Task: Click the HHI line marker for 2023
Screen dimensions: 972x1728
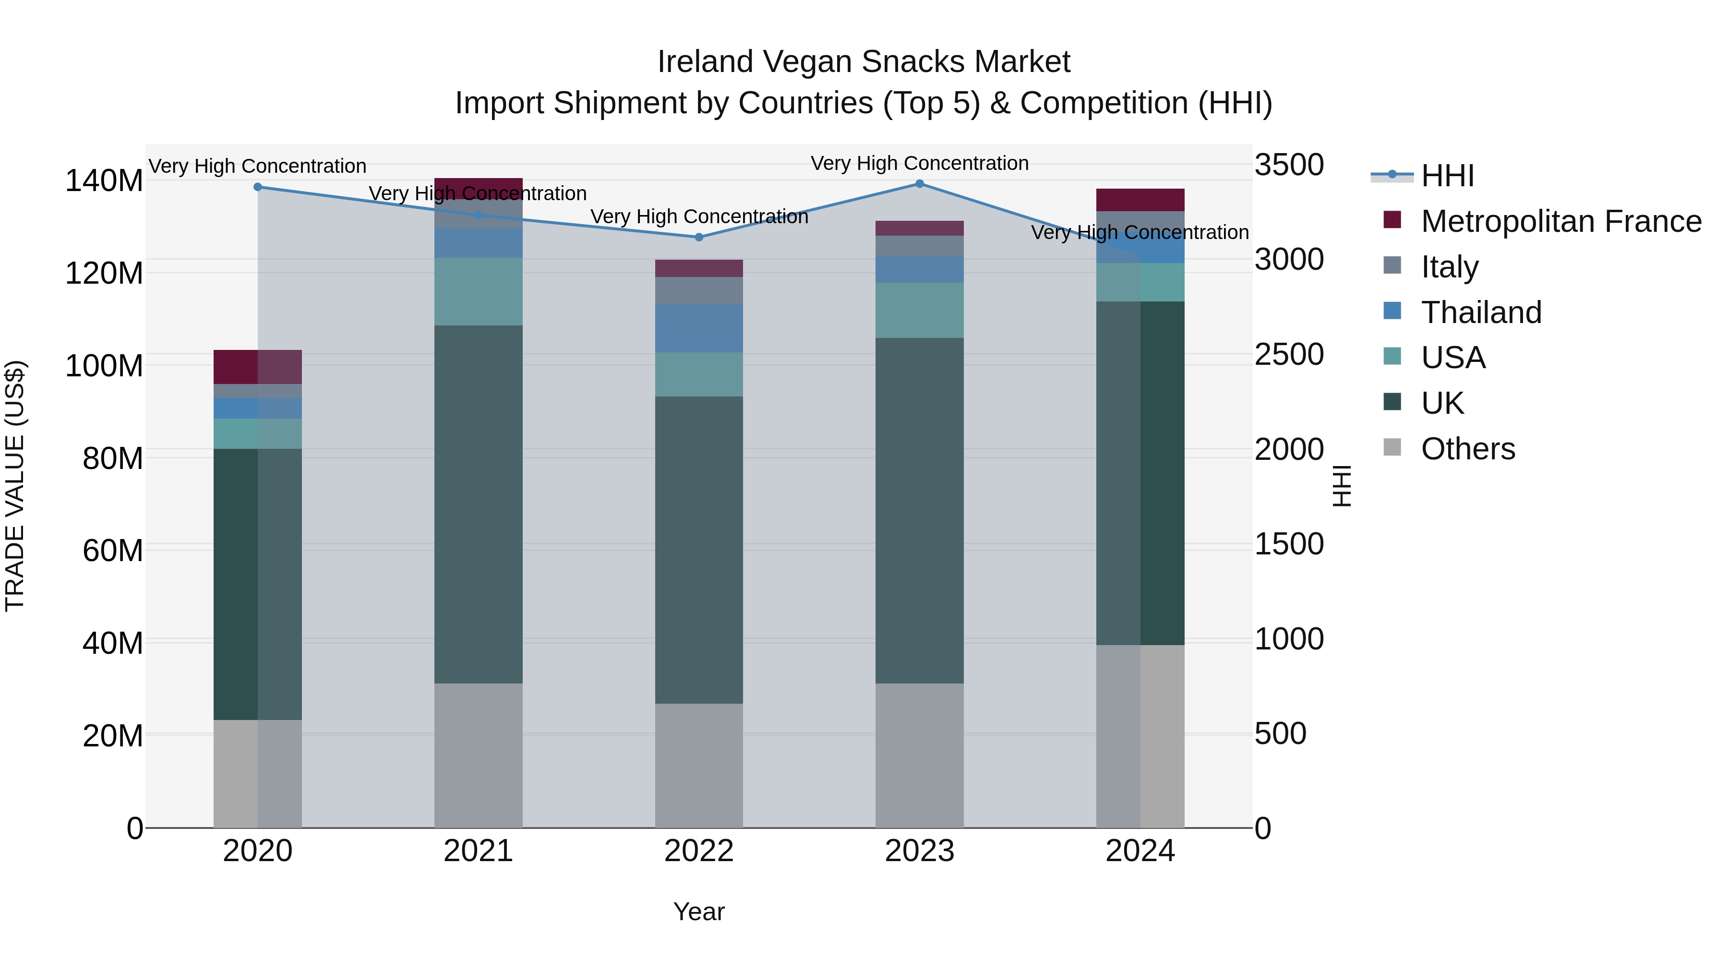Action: click(x=920, y=183)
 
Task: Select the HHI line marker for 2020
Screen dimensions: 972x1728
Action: click(x=258, y=187)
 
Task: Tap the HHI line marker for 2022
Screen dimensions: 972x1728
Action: click(x=699, y=237)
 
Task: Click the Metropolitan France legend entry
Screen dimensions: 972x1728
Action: click(x=1560, y=221)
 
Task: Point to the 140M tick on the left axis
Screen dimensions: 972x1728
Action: click(x=104, y=180)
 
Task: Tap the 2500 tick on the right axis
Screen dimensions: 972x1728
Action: click(x=1289, y=355)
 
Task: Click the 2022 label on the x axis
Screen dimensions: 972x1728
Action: click(x=699, y=851)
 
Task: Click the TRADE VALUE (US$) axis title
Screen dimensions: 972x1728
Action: click(x=15, y=486)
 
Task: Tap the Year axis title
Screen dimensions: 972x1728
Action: click(x=699, y=912)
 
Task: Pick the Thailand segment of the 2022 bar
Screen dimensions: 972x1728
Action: click(x=699, y=328)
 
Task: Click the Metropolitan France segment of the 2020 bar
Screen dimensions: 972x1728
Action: click(x=258, y=366)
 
